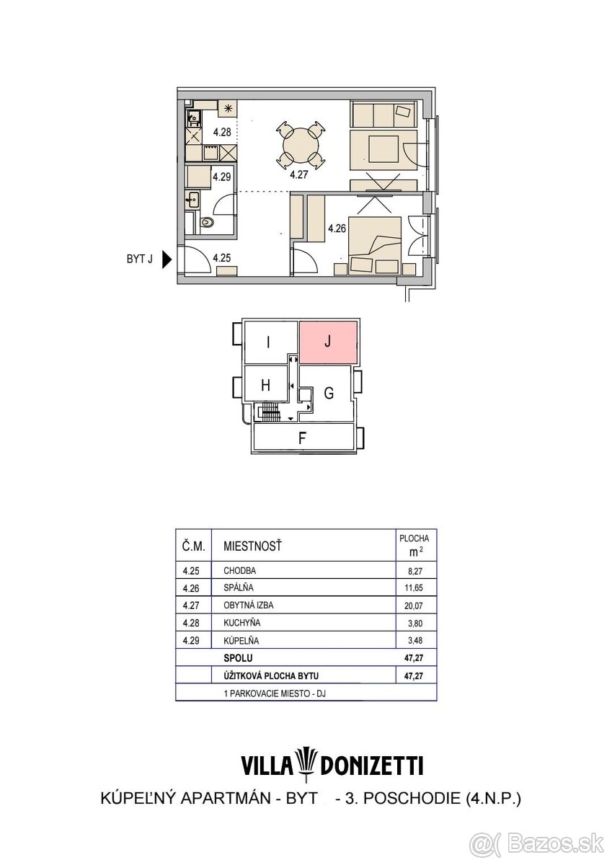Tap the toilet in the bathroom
point(208,223)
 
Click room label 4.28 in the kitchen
point(222,132)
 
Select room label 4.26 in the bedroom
point(337,229)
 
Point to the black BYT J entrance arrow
point(167,259)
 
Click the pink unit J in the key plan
point(328,342)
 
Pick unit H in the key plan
point(267,385)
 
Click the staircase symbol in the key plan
point(270,412)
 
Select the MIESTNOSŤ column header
point(252,546)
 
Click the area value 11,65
point(414,587)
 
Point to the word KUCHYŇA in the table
point(241,623)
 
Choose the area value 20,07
point(414,605)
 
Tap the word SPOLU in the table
point(238,657)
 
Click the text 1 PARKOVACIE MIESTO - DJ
point(275,693)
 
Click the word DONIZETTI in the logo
point(371,766)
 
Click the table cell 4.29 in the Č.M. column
point(191,640)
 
